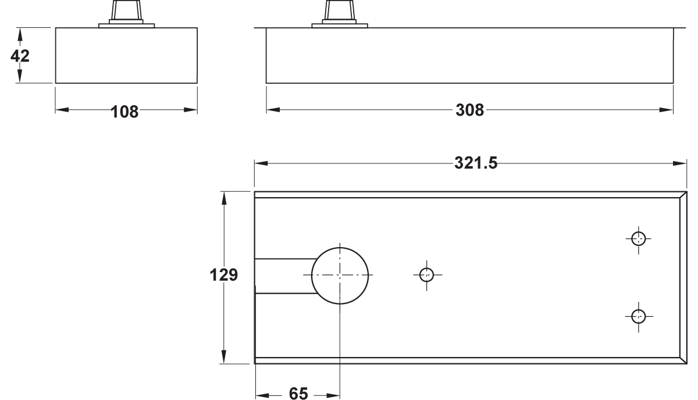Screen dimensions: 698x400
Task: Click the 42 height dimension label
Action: [20, 56]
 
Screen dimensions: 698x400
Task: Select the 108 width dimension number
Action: [124, 112]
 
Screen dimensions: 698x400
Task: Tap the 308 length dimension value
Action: [469, 110]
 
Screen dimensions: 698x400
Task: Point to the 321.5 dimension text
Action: [476, 163]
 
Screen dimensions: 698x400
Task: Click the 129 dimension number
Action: [223, 275]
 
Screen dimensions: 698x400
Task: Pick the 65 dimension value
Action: [298, 394]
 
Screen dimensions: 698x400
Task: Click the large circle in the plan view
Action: [340, 248]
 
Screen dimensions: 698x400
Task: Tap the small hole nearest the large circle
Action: [426, 268]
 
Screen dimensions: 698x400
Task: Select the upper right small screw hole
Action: [639, 232]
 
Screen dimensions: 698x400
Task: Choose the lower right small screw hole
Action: [639, 310]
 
